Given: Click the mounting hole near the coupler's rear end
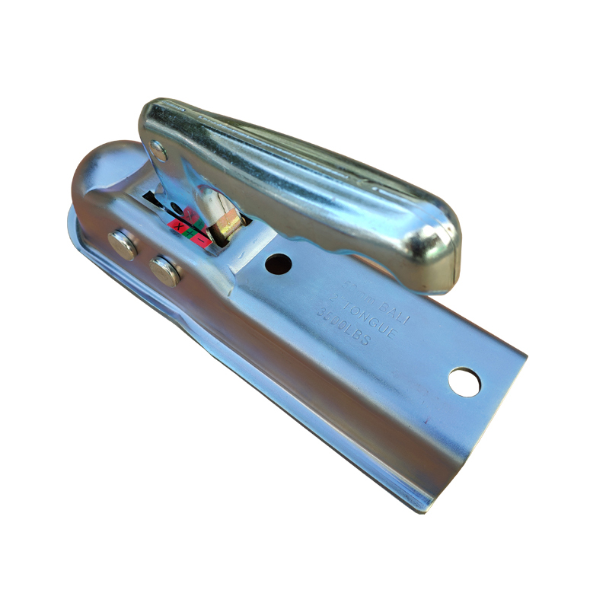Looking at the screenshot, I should [x=464, y=381].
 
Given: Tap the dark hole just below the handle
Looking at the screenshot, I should [x=279, y=263].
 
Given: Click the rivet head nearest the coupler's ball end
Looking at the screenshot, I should [x=123, y=244].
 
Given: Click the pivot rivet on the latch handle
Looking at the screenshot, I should [x=158, y=150].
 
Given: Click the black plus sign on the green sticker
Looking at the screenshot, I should [x=190, y=234].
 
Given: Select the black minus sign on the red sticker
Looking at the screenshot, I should [x=202, y=241].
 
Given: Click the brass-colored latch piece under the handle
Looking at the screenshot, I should [x=229, y=225].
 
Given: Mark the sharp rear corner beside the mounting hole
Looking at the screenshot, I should [x=525, y=355].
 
